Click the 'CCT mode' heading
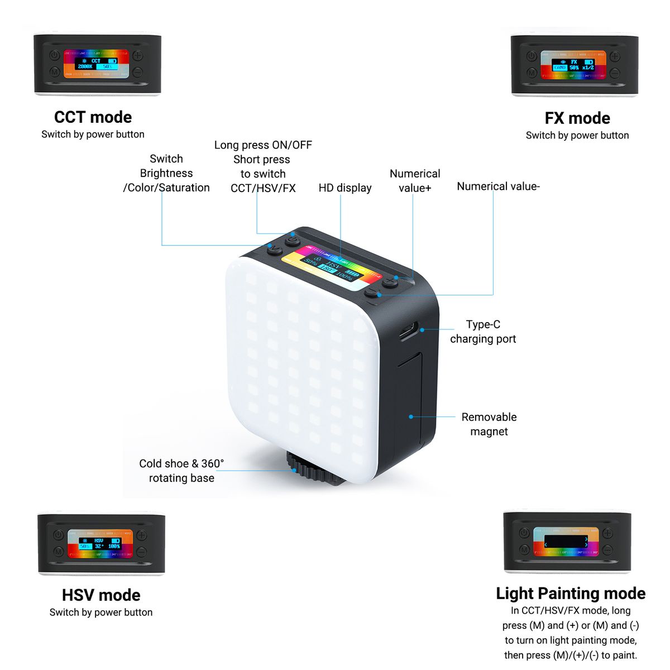pyautogui.click(x=93, y=117)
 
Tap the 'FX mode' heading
pyautogui.click(x=577, y=118)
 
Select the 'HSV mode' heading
pyautogui.click(x=101, y=595)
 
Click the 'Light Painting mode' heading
pyautogui.click(x=571, y=594)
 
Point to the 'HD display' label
pyautogui.click(x=345, y=188)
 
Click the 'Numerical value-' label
pyautogui.click(x=498, y=186)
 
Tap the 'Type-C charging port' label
pyautogui.click(x=483, y=332)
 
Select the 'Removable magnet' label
pyautogui.click(x=489, y=424)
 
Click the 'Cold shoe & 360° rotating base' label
pyautogui.click(x=181, y=471)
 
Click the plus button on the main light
pyautogui.click(x=390, y=281)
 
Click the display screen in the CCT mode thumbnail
pyautogui.click(x=96, y=64)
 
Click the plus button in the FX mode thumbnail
pyautogui.click(x=615, y=56)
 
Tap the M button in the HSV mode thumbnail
pyautogui.click(x=58, y=552)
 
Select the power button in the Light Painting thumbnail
pyautogui.click(x=524, y=533)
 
